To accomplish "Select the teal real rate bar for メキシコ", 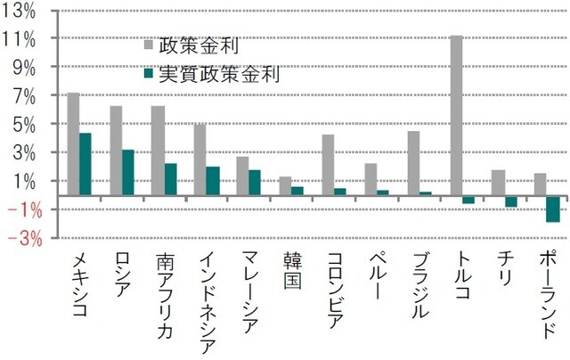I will pos(85,164).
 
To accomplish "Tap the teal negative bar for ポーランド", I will pos(552,209).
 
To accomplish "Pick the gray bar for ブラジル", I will pos(413,163).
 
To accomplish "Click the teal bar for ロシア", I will pos(128,172).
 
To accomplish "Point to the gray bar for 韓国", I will pos(285,185).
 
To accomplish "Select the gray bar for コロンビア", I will pos(328,165).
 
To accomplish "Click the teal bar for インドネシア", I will pos(213,181).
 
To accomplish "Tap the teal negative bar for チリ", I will pos(510,201).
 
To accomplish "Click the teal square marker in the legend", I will pos(149,74).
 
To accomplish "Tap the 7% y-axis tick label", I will pos(25,96).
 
